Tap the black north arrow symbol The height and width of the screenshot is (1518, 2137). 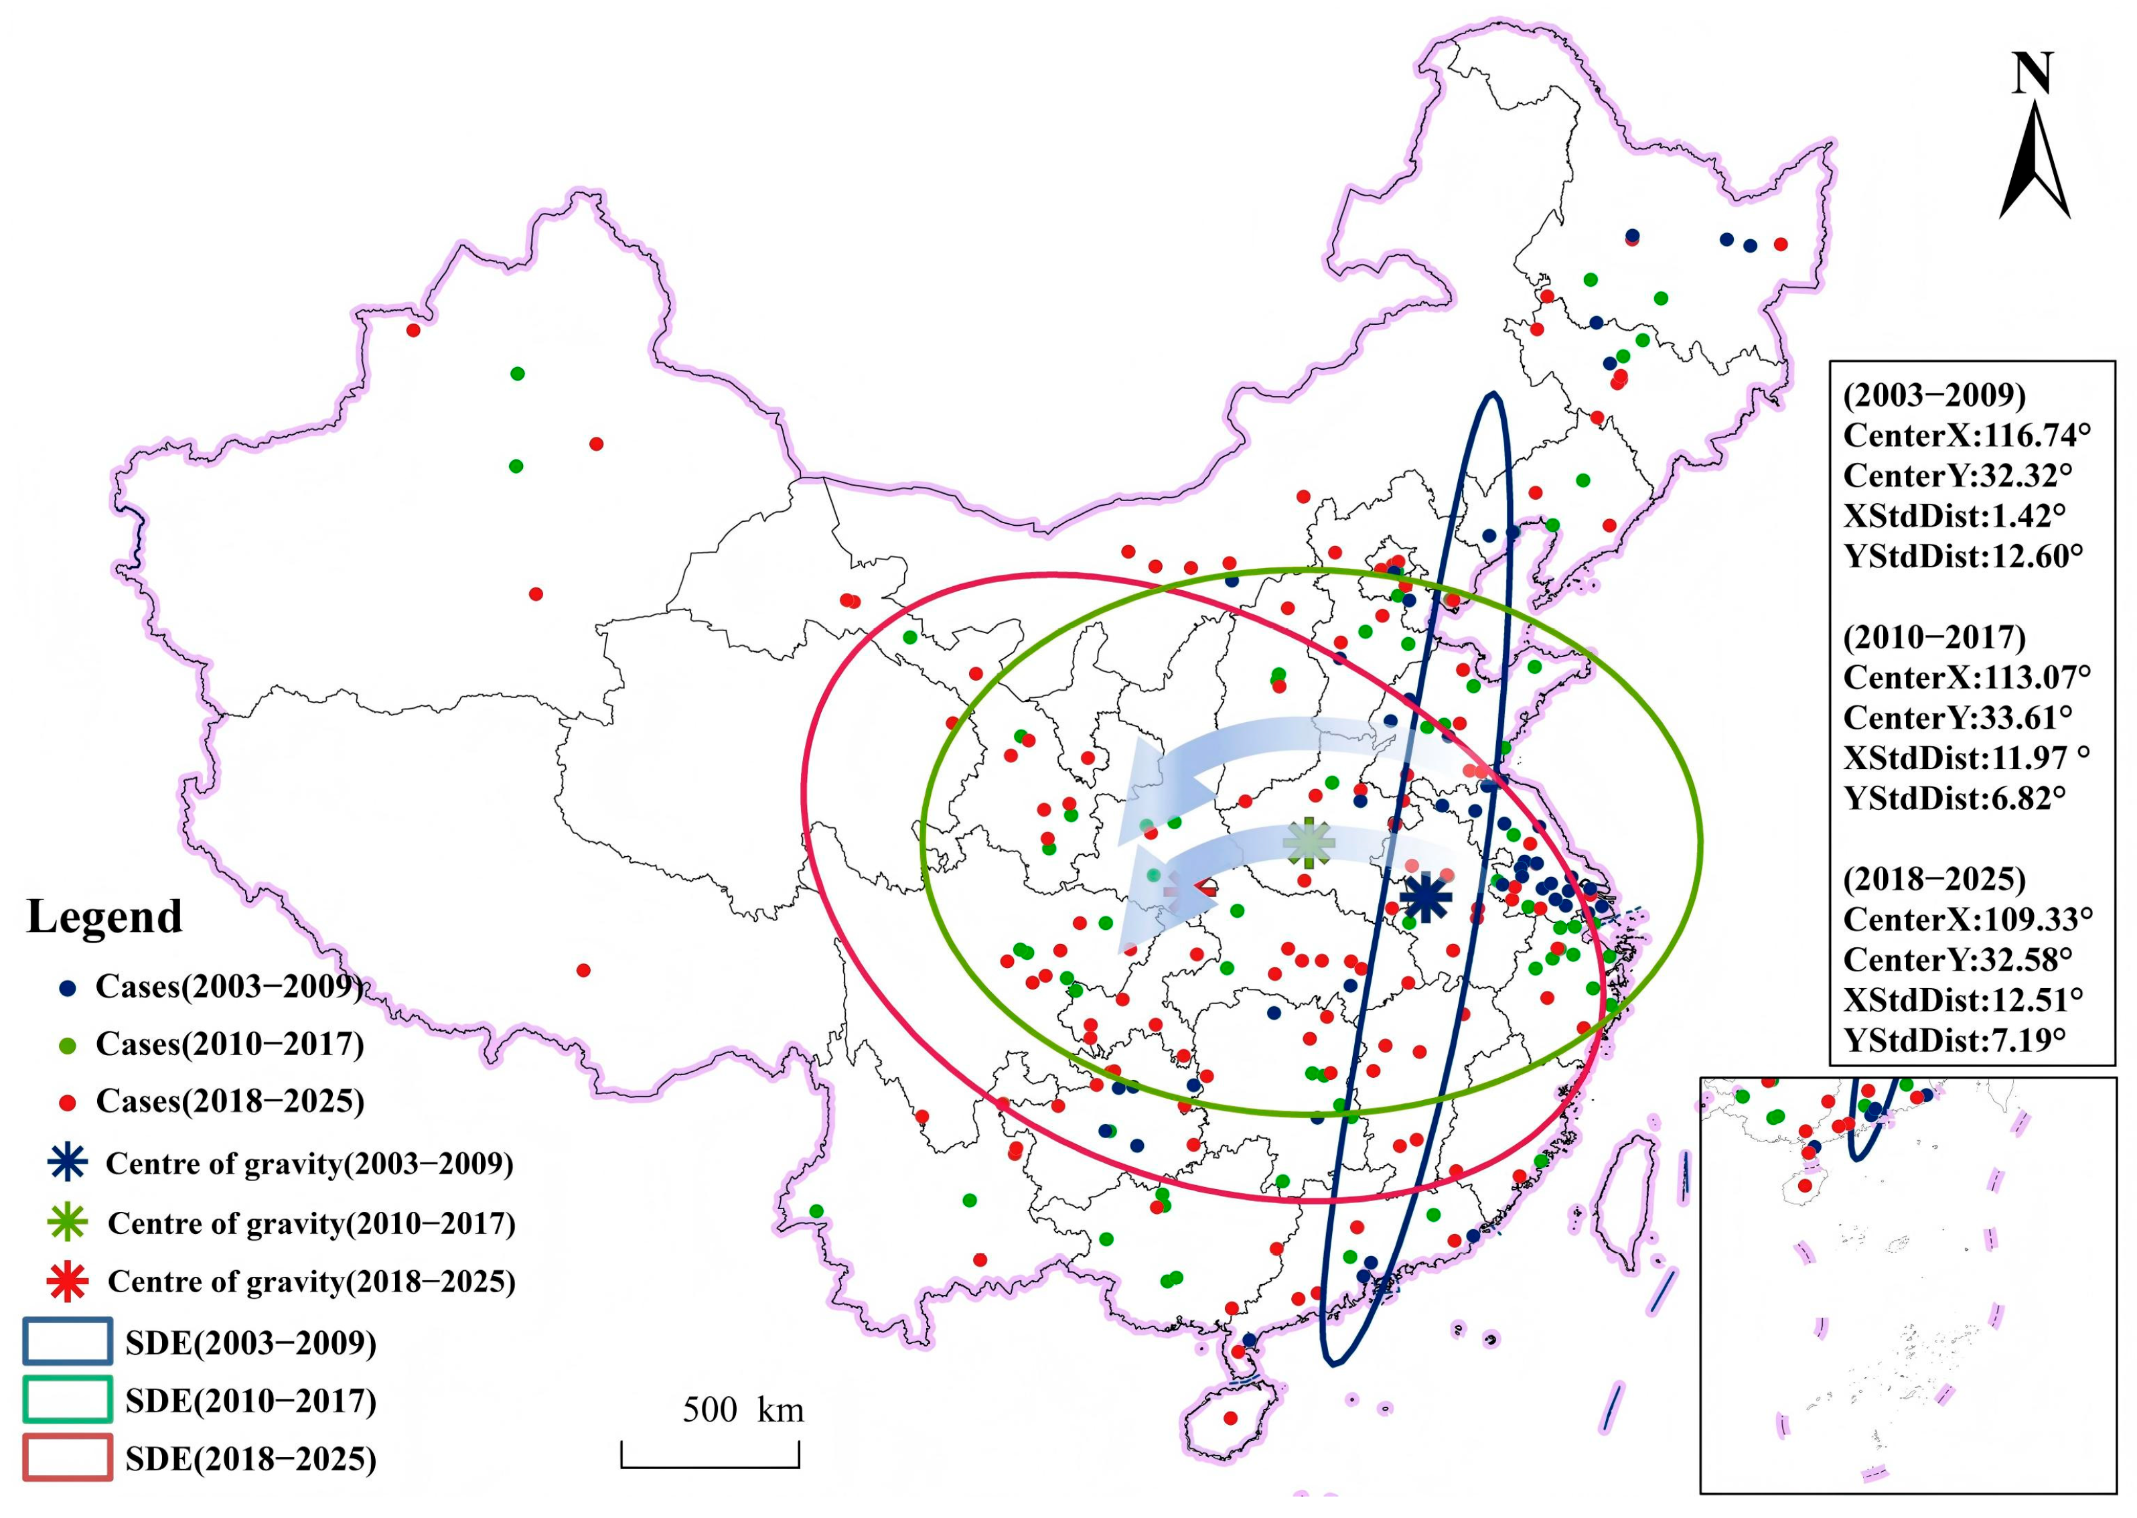click(x=2035, y=163)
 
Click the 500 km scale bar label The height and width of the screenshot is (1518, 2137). click(x=743, y=1409)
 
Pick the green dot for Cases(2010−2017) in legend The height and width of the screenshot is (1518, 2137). click(x=67, y=1045)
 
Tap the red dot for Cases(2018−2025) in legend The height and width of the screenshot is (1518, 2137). click(x=67, y=1102)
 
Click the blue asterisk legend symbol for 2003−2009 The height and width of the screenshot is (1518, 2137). click(x=67, y=1163)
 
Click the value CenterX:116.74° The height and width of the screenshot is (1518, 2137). click(x=1966, y=435)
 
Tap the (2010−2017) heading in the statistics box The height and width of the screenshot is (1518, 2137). click(x=1934, y=638)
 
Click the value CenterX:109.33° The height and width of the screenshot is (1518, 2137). click(x=1967, y=919)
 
